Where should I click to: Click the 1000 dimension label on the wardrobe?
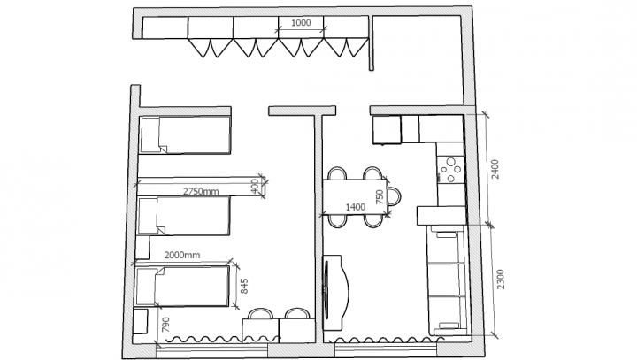pos(301,23)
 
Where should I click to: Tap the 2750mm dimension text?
pos(201,191)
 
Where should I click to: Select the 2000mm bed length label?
pos(182,255)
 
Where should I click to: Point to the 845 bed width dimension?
pos(244,286)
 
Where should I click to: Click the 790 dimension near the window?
pos(165,325)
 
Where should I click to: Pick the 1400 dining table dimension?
pos(355,207)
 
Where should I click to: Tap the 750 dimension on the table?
pos(380,197)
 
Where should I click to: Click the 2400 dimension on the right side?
pos(495,169)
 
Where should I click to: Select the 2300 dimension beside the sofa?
pos(501,280)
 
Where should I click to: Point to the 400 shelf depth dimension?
pos(255,186)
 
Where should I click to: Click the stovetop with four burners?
pos(450,169)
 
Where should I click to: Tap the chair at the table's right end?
pos(394,195)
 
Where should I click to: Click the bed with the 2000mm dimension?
pos(182,287)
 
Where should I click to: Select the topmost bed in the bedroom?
pos(185,135)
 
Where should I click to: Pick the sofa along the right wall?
pos(447,280)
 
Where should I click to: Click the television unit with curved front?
pos(335,293)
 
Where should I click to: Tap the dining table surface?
pos(355,196)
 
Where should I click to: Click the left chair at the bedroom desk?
pos(260,314)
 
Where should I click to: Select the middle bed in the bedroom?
pos(184,216)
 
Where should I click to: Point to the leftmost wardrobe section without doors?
pos(165,27)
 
